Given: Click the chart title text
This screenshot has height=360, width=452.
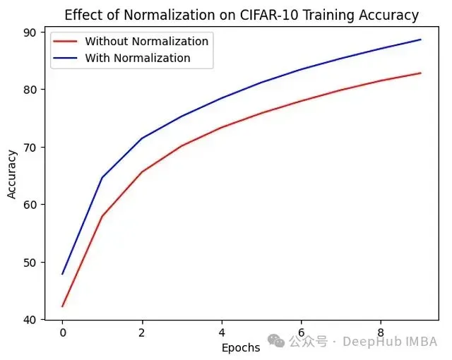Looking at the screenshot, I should tap(242, 15).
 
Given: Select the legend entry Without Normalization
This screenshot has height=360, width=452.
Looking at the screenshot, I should tap(146, 41).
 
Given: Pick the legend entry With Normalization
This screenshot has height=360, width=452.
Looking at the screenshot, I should tap(137, 58).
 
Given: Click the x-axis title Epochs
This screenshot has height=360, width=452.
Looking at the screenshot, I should tap(241, 347).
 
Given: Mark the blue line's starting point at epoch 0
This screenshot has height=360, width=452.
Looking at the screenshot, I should tap(62, 274).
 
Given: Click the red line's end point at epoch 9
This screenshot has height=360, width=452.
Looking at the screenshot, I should tap(421, 73).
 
